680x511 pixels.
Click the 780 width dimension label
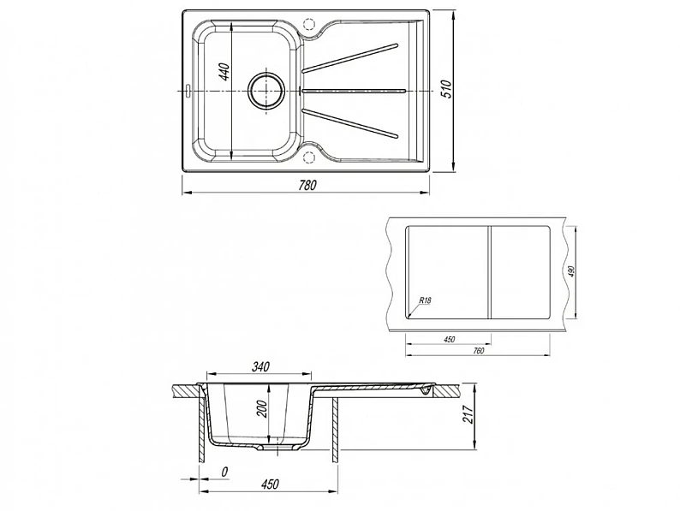click(308, 185)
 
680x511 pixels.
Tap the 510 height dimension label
click(447, 89)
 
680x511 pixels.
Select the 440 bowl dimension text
click(224, 72)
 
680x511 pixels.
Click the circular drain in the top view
click(266, 90)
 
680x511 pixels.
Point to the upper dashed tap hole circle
click(309, 23)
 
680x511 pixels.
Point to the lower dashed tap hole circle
click(309, 157)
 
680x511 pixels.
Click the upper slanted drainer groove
click(350, 57)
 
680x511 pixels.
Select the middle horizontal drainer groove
click(354, 91)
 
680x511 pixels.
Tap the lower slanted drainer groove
click(350, 123)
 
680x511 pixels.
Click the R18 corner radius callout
click(425, 300)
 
